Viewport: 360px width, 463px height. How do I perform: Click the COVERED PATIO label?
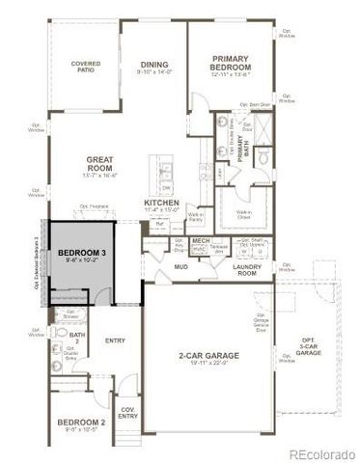[x=86, y=67]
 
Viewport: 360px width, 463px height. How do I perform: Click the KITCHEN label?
[x=162, y=202]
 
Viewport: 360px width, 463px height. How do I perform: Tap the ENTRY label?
[x=115, y=339]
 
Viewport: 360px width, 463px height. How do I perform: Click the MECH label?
[x=201, y=240]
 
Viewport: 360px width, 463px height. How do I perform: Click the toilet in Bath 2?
[x=60, y=338]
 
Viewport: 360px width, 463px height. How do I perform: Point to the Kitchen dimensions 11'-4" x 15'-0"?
[x=162, y=209]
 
